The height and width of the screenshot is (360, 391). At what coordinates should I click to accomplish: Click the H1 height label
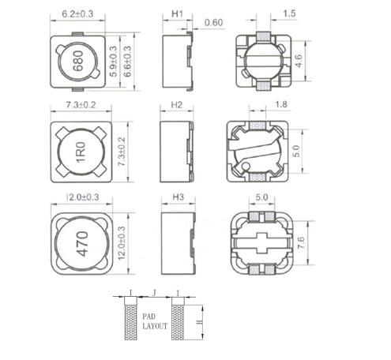(178, 13)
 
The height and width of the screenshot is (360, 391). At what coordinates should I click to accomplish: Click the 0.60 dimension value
(212, 21)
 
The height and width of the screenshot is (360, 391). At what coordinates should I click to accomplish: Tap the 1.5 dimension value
(289, 13)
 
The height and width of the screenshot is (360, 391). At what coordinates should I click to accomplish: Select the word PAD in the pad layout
(153, 314)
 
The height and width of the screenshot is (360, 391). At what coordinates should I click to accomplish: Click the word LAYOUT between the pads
(153, 324)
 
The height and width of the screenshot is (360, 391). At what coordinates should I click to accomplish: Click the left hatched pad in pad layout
(130, 323)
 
